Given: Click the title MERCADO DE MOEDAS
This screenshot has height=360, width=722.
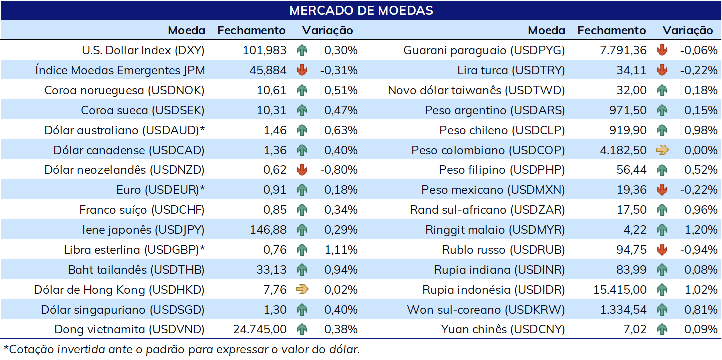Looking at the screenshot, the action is click(361, 10).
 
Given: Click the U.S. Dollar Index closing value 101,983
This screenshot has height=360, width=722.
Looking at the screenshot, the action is click(264, 50).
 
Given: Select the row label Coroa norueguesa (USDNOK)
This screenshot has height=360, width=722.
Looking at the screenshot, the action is click(124, 90).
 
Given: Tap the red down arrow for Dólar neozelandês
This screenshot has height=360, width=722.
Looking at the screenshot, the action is click(302, 170).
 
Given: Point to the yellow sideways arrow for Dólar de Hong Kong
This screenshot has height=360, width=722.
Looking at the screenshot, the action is click(302, 290).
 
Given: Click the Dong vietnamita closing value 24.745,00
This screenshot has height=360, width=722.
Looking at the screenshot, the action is click(260, 329).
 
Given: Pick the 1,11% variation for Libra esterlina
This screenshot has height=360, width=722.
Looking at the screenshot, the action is click(341, 250).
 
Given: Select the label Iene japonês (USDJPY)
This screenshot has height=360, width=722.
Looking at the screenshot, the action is click(143, 230).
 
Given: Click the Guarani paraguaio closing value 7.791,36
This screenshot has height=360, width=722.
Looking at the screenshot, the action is click(623, 50).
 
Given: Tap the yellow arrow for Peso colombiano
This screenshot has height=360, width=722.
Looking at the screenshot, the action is click(662, 150).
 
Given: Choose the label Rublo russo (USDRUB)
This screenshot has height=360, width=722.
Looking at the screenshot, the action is click(503, 250).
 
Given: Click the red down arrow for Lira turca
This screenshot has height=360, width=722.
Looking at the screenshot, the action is click(662, 70).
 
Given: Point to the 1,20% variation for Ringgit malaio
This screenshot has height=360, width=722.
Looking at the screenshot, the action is click(701, 230).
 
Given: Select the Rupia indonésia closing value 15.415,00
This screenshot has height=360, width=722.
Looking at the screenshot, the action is click(620, 290).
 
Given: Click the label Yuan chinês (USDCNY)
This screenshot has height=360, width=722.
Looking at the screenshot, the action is click(503, 329).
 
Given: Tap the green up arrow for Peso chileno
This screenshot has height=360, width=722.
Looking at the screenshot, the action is click(662, 130).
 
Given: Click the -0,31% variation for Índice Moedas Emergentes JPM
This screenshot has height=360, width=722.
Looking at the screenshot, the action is click(339, 70).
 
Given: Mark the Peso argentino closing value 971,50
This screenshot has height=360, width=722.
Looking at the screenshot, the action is click(628, 110).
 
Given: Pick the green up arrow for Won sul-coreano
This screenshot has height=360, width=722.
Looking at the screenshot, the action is click(662, 310).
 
